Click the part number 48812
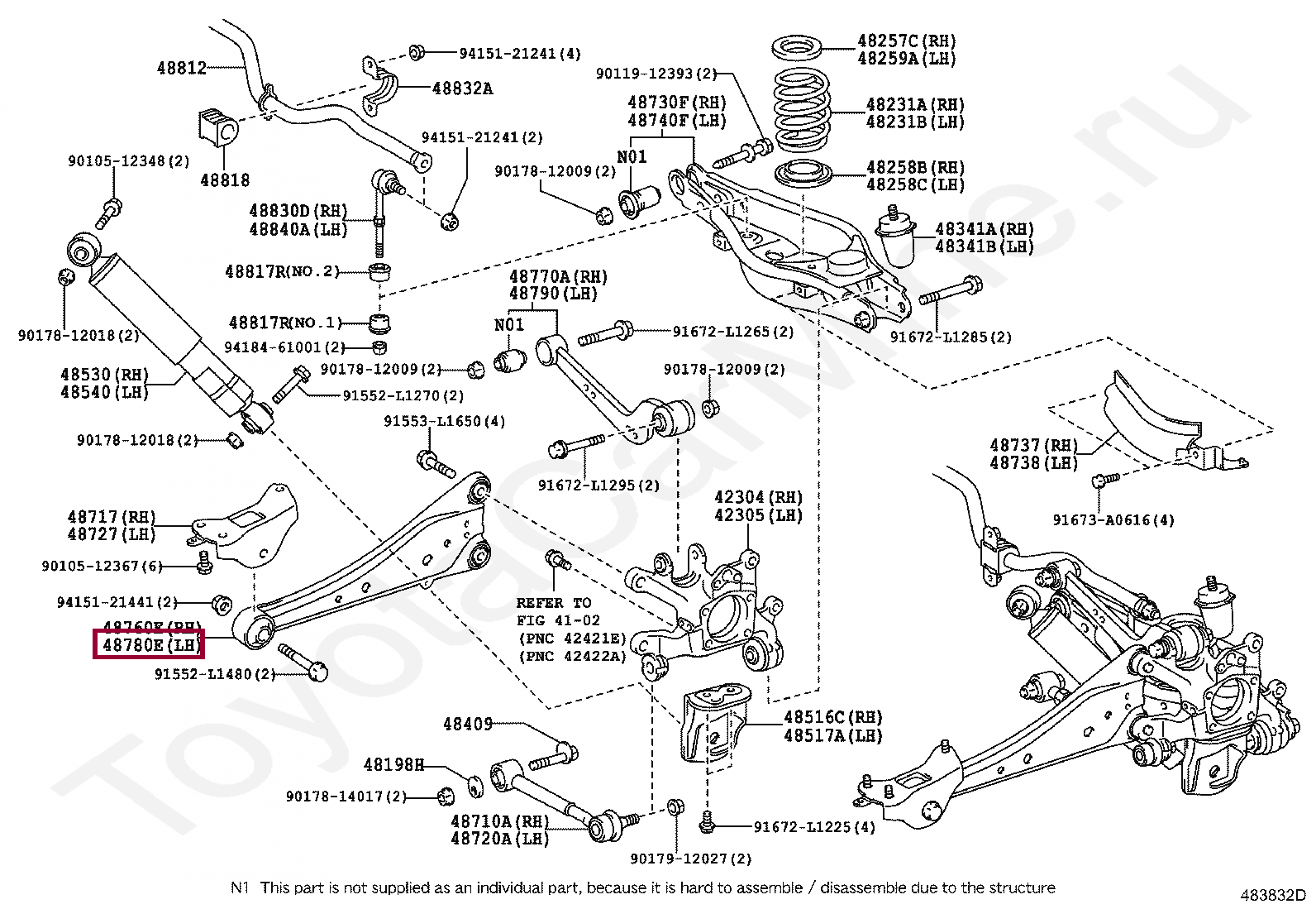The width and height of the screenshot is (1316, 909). tap(181, 69)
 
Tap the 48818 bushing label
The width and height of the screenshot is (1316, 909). tap(224, 179)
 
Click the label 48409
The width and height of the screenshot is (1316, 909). tap(467, 724)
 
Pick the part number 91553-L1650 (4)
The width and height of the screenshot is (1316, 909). tap(444, 422)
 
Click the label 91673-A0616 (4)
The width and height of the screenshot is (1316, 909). tap(1113, 520)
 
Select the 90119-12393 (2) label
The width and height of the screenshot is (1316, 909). tap(656, 74)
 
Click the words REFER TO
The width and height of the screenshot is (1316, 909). tap(554, 603)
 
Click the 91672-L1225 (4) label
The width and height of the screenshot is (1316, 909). tap(814, 827)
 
